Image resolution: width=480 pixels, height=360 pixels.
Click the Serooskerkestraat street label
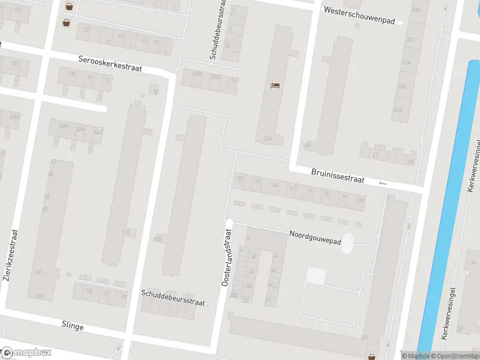coord(110,64)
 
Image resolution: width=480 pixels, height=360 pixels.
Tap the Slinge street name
coord(72,326)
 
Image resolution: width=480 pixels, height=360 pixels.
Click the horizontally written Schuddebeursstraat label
coord(173,298)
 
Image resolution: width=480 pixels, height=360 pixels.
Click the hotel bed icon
coord(275,86)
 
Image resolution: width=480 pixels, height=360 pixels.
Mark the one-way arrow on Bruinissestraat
coord(383,183)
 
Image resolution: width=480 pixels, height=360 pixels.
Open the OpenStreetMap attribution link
coord(454,356)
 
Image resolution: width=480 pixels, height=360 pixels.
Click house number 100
coord(39,273)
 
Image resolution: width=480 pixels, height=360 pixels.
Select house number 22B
coord(157,239)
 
